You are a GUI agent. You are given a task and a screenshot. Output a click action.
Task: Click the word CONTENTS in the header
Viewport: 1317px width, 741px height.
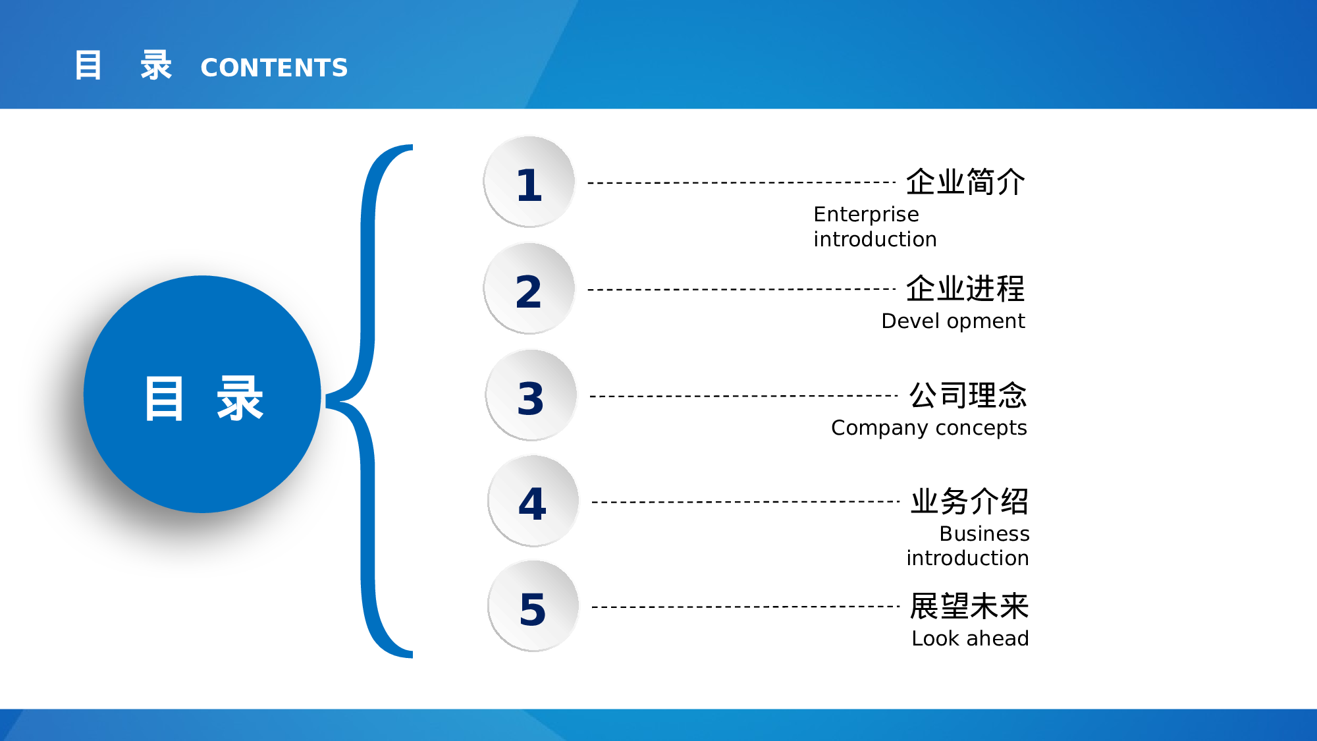pos(274,68)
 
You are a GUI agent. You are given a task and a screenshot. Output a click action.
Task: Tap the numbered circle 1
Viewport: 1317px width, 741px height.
pos(529,182)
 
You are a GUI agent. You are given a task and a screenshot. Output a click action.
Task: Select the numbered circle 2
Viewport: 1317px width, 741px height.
pos(529,288)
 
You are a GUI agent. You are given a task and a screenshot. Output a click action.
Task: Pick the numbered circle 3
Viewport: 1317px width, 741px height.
pos(531,395)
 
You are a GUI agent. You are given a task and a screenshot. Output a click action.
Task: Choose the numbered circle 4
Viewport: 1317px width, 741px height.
pos(533,501)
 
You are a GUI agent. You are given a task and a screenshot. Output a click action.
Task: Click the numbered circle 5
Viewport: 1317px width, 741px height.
pos(533,606)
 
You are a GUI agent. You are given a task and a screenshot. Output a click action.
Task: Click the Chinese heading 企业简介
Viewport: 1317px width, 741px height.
pos(965,182)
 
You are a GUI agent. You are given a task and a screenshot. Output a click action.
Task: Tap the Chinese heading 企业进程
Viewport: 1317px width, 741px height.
pos(965,288)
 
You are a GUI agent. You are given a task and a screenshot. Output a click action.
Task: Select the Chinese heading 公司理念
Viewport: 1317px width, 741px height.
pos(968,395)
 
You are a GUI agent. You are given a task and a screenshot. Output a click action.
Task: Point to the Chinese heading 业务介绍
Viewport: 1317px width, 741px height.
pos(969,501)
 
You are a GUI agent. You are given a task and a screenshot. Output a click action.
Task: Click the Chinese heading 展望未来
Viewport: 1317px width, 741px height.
pos(969,606)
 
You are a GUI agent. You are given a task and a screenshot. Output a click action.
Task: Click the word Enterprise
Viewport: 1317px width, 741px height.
pos(866,215)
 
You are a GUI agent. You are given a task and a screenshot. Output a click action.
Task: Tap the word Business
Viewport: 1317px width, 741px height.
pos(984,534)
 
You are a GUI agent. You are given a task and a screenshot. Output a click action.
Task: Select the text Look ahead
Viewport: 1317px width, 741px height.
pos(970,638)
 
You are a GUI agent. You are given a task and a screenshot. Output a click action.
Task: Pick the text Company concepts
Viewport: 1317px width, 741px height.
pos(929,428)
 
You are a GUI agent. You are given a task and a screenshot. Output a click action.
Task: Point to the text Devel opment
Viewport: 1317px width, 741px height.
pos(953,321)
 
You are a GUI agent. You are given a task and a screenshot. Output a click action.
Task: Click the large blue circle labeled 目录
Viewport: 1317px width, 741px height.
pos(202,394)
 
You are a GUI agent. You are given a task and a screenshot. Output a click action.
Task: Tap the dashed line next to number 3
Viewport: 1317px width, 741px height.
pos(744,396)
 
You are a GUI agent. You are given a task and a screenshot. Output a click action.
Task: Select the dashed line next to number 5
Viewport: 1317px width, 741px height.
pos(746,607)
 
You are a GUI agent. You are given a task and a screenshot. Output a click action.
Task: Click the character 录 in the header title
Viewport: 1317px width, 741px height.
pos(156,65)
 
